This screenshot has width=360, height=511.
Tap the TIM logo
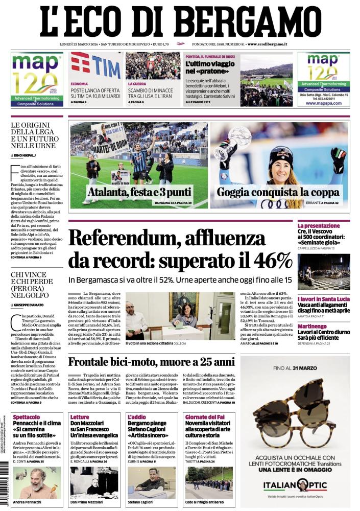point(96,65)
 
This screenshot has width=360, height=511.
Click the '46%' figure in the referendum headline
point(269,261)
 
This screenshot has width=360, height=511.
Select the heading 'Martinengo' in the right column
point(327,326)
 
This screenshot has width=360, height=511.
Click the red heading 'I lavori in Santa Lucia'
point(331,297)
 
